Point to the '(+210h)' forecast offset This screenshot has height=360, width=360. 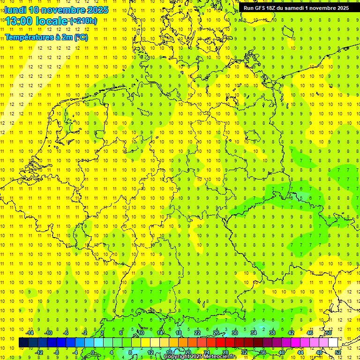click(83, 21)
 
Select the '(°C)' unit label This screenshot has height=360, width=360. click(80, 37)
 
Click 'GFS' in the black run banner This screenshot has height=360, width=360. click(262, 8)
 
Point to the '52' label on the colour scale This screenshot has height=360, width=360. click(338, 352)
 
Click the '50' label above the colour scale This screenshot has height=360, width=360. click(329, 333)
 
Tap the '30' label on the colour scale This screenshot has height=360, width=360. click(235, 333)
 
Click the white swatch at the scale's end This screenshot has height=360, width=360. click(333, 343)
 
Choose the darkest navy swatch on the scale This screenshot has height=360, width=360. click(23, 343)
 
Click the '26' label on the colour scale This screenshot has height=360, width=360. click(216, 333)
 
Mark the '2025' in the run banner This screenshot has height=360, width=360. click(341, 8)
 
